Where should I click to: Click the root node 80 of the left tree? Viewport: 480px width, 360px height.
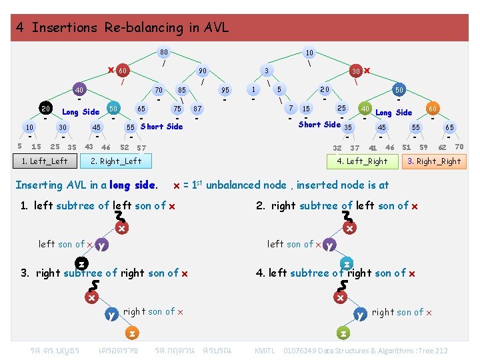click(163, 52)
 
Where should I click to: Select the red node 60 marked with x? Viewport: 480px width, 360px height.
click(122, 71)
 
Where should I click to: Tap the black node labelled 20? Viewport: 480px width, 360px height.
click(45, 109)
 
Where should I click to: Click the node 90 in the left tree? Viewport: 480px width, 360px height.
click(203, 71)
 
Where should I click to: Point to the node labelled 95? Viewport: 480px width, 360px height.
click(225, 90)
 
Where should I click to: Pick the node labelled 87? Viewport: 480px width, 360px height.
click(197, 109)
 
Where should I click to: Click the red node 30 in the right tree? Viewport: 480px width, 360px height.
click(357, 71)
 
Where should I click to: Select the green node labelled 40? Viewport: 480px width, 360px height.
click(365, 108)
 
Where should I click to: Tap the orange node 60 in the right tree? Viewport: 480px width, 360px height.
click(433, 108)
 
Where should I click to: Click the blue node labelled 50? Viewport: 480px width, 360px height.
click(113, 108)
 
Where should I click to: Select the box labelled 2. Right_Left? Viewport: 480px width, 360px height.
click(116, 161)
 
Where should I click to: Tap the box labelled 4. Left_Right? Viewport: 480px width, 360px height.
click(362, 161)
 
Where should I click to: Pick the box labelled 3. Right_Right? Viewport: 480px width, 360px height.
click(434, 161)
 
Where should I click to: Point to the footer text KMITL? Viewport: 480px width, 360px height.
click(265, 351)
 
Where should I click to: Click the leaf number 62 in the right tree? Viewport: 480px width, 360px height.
click(442, 147)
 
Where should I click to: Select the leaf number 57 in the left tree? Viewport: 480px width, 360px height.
click(141, 147)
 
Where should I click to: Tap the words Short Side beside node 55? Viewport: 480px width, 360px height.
click(161, 127)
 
